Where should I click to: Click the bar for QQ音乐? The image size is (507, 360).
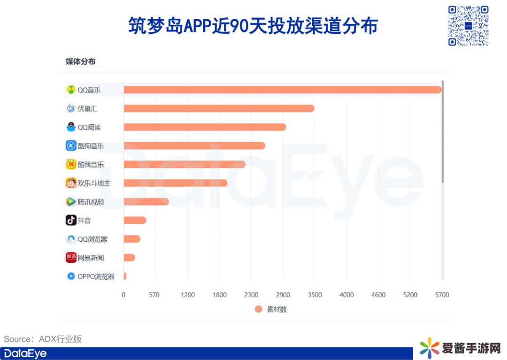(x=282, y=90)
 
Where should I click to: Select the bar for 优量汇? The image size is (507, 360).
(x=219, y=108)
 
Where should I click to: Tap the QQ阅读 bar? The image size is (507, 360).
(x=205, y=127)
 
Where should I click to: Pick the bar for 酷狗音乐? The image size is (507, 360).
(x=194, y=146)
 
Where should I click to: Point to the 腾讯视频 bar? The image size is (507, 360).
(x=146, y=202)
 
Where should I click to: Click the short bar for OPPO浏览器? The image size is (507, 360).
(x=125, y=276)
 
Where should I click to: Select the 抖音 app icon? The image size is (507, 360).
(x=71, y=220)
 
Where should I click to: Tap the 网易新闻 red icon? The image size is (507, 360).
(x=71, y=258)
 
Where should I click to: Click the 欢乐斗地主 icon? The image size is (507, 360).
(x=71, y=183)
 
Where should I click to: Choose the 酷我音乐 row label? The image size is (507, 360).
(x=91, y=165)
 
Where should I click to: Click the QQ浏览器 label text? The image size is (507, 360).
(x=92, y=239)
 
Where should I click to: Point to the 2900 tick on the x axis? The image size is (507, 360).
(x=283, y=295)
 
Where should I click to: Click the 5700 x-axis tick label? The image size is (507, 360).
(x=442, y=295)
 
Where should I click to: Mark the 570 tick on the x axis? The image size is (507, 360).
(x=154, y=295)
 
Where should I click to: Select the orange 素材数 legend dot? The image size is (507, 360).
(x=258, y=309)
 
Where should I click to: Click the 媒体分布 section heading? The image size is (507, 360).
(x=80, y=61)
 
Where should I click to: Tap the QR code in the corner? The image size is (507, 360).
(x=468, y=26)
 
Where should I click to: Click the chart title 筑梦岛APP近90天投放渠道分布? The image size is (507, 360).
(x=253, y=26)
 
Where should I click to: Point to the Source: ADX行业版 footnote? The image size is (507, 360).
(x=43, y=339)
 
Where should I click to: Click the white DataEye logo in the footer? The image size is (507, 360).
(x=25, y=353)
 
